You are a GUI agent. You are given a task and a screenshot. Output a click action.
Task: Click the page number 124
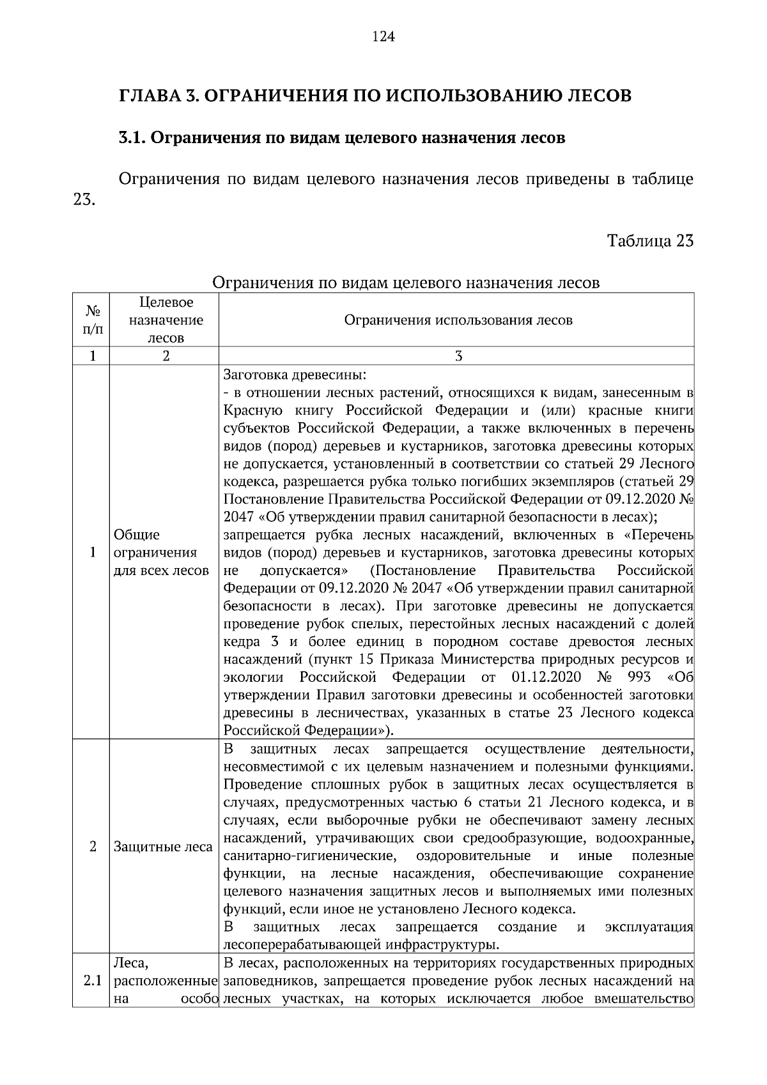(383, 36)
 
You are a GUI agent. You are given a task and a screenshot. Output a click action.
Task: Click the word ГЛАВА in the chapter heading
(149, 96)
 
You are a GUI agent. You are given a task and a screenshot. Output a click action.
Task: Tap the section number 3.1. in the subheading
(132, 137)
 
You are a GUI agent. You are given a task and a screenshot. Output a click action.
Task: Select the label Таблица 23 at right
(650, 242)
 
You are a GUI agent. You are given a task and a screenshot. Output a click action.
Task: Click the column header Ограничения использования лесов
(458, 320)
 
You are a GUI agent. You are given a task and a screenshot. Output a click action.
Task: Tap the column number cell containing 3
(458, 357)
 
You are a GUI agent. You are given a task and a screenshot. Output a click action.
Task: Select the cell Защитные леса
(162, 847)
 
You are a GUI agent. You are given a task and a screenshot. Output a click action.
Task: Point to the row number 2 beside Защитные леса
(93, 847)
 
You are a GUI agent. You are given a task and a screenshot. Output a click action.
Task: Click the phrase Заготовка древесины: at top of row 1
(295, 374)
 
